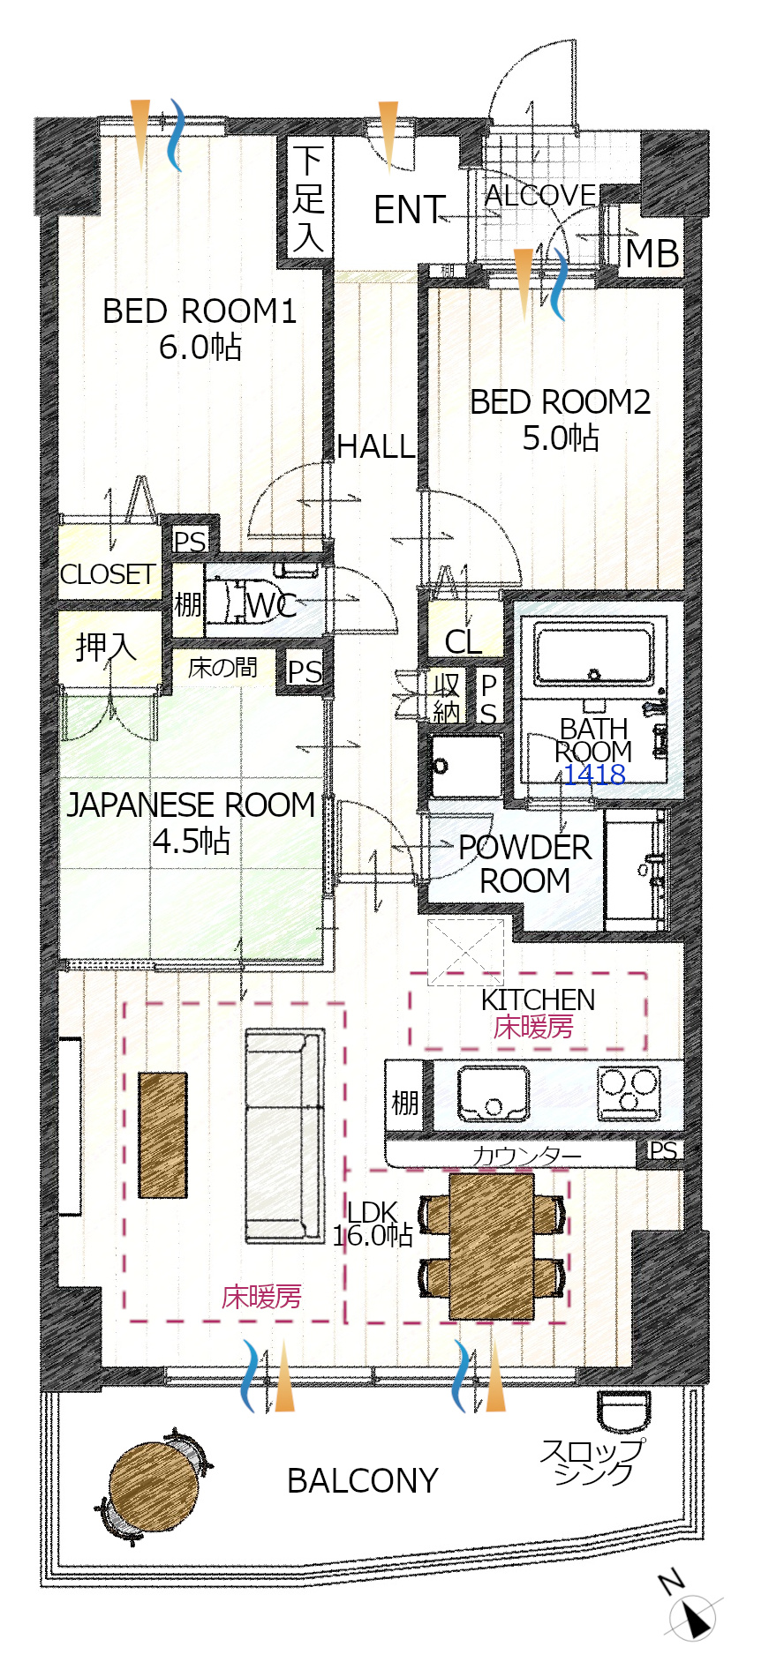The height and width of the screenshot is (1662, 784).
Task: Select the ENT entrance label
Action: pyautogui.click(x=408, y=210)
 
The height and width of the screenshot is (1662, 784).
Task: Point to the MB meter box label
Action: pyautogui.click(x=652, y=254)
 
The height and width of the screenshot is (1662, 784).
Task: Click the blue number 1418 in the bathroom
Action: pyautogui.click(x=594, y=775)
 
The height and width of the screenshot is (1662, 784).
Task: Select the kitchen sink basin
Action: pyautogui.click(x=494, y=1094)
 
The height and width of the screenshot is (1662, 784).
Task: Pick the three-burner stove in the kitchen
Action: pyautogui.click(x=629, y=1093)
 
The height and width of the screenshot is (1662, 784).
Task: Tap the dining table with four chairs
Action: pyautogui.click(x=492, y=1245)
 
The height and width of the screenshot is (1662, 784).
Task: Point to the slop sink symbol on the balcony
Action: pyautogui.click(x=623, y=1411)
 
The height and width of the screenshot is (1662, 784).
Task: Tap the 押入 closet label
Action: pyautogui.click(x=106, y=648)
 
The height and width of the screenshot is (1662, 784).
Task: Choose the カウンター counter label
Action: pyautogui.click(x=527, y=1155)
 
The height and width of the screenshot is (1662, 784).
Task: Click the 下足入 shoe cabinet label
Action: pyautogui.click(x=308, y=199)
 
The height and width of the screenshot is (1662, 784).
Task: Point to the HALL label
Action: pyautogui.click(x=375, y=446)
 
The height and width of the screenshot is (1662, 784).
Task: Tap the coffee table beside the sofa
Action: pyautogui.click(x=163, y=1135)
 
